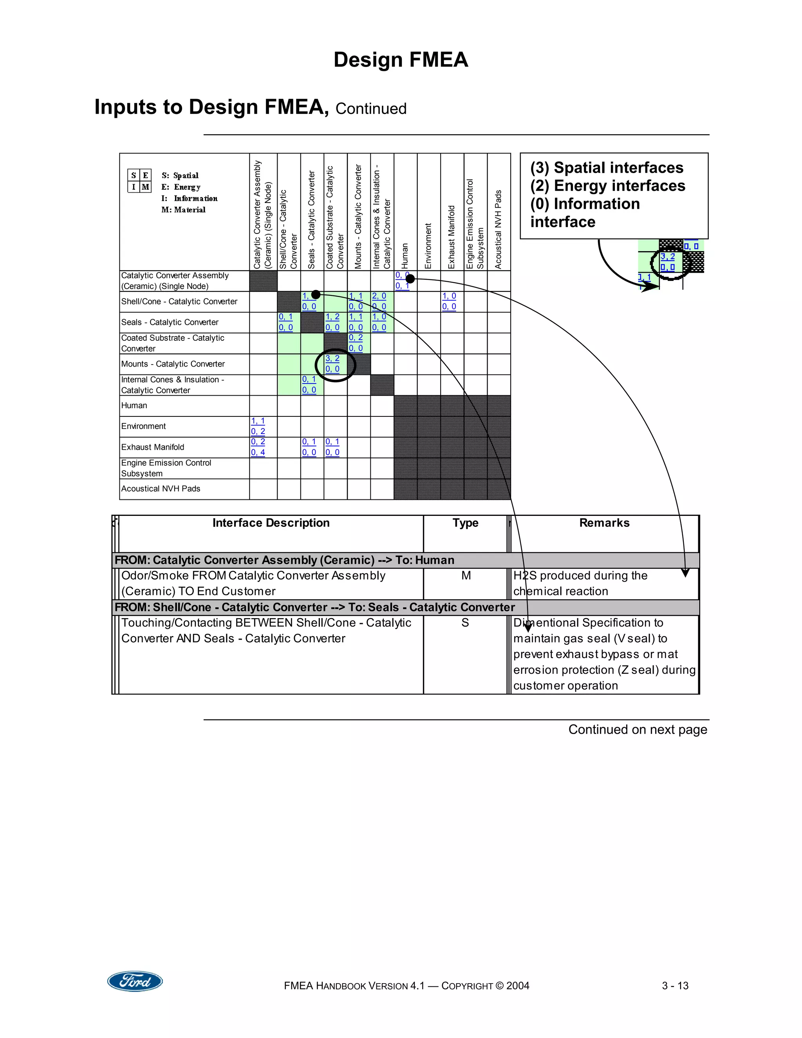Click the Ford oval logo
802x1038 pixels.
pyautogui.click(x=135, y=981)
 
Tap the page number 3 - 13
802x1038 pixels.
pyautogui.click(x=675, y=986)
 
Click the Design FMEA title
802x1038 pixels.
pyautogui.click(x=401, y=60)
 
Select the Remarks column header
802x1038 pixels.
pyautogui.click(x=604, y=523)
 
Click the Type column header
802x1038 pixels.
pyautogui.click(x=465, y=523)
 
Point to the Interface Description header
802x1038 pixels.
pyautogui.click(x=271, y=523)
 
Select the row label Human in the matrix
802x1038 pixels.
pyautogui.click(x=134, y=405)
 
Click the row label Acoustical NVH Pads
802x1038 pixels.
pyautogui.click(x=161, y=488)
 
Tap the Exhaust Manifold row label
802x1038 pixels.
pyautogui.click(x=152, y=447)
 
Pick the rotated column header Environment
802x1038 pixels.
pyautogui.click(x=428, y=246)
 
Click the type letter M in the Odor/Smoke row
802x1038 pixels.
pyautogui.click(x=466, y=575)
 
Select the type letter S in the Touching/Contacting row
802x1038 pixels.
pyautogui.click(x=465, y=623)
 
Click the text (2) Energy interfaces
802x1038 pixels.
pyautogui.click(x=608, y=185)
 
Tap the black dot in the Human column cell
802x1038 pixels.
pyautogui.click(x=410, y=279)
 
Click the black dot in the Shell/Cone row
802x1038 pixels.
pyautogui.click(x=316, y=295)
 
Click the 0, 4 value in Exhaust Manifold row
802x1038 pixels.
pyautogui.click(x=258, y=452)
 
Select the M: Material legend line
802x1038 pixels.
pyautogui.click(x=183, y=210)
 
